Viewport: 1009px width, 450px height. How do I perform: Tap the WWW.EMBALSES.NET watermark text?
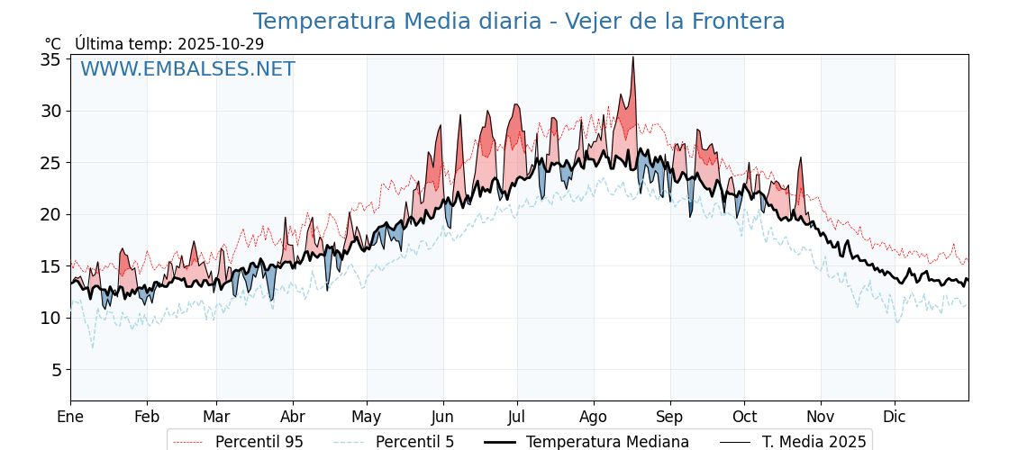coord(187,69)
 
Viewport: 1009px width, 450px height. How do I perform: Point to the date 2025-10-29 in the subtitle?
coord(221,44)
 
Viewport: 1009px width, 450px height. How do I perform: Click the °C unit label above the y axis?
coord(53,44)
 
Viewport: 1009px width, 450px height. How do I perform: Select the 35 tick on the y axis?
coord(50,59)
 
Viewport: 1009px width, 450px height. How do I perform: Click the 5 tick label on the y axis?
coord(55,370)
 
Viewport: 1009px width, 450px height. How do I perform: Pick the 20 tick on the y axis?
coord(50,214)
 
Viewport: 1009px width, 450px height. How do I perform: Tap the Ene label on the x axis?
coord(70,417)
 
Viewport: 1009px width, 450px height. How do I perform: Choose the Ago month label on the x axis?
coord(593,417)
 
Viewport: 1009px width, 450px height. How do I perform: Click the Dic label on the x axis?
coord(895,417)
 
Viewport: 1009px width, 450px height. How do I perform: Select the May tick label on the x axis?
coord(367,417)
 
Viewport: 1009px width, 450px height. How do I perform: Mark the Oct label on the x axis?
coord(744,417)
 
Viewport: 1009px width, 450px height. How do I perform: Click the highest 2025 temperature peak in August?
coord(632,58)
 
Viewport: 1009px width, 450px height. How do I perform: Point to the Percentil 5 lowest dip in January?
coord(92,347)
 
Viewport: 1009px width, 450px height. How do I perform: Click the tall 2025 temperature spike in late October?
coord(800,158)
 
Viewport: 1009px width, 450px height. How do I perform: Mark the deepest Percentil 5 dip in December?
coord(897,322)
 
